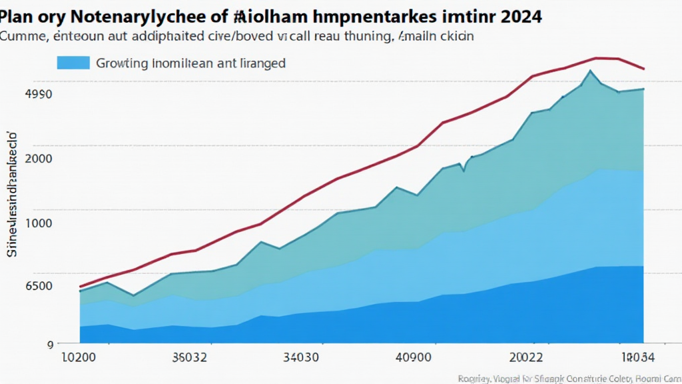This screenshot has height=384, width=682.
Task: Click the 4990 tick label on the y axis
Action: tap(38, 94)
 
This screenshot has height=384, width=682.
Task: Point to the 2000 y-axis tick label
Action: tap(38, 159)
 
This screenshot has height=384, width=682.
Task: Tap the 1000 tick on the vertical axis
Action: tap(38, 223)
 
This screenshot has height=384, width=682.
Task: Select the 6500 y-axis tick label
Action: tap(38, 286)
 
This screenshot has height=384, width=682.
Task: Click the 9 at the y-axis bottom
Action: tap(49, 345)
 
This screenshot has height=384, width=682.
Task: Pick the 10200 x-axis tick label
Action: tap(78, 357)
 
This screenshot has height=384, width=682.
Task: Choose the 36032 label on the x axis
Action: tap(189, 357)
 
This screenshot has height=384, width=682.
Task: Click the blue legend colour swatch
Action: tap(73, 63)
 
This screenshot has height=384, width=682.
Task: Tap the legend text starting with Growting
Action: tap(190, 63)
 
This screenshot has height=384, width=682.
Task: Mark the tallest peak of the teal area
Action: tap(589, 71)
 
